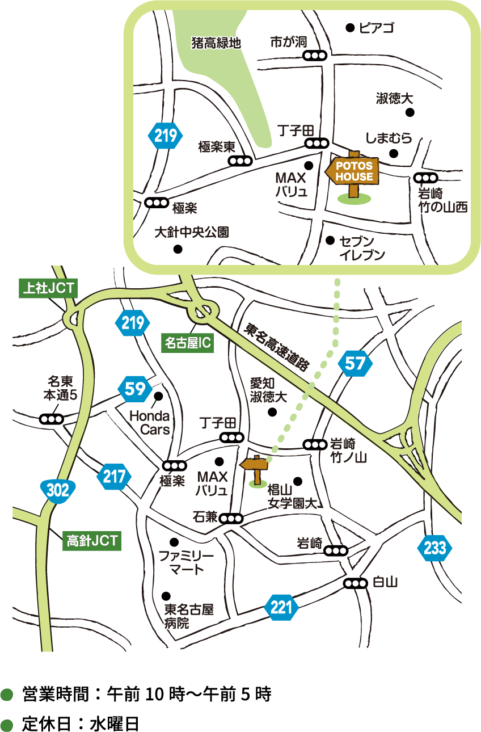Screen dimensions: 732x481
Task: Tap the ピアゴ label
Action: coord(377,27)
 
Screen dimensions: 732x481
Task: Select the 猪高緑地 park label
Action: coord(216,43)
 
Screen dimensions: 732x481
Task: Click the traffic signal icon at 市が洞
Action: coord(315,56)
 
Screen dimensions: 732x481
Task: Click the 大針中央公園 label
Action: coord(192,233)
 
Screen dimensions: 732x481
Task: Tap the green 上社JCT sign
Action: coord(47,288)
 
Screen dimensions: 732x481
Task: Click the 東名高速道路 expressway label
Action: coord(276,347)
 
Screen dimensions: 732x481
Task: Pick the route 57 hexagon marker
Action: coord(355,363)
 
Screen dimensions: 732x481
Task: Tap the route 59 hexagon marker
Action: coord(135,389)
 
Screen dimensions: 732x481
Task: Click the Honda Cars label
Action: coord(150,423)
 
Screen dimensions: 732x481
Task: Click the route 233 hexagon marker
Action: coord(434,548)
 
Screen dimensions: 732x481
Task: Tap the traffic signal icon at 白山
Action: coord(356,583)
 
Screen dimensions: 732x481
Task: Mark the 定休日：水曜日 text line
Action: coord(80,724)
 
